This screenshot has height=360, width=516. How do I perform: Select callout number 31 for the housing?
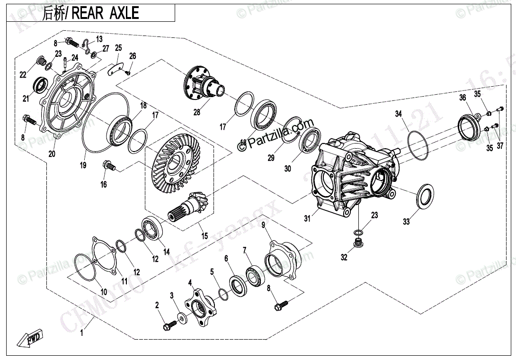307,218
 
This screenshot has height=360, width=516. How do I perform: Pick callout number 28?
196,112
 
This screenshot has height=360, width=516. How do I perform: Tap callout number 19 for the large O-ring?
83,166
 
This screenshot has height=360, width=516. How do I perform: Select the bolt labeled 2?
169,325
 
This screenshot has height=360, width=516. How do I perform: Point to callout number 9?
263,225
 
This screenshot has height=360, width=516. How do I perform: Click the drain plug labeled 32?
358,244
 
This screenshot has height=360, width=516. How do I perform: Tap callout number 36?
463,98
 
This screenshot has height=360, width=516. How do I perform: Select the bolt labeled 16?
109,166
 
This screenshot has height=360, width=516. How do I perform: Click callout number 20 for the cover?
52,153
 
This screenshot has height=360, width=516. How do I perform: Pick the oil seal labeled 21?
39,85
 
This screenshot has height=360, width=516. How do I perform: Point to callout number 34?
399,114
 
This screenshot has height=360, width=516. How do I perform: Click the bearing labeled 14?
153,227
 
